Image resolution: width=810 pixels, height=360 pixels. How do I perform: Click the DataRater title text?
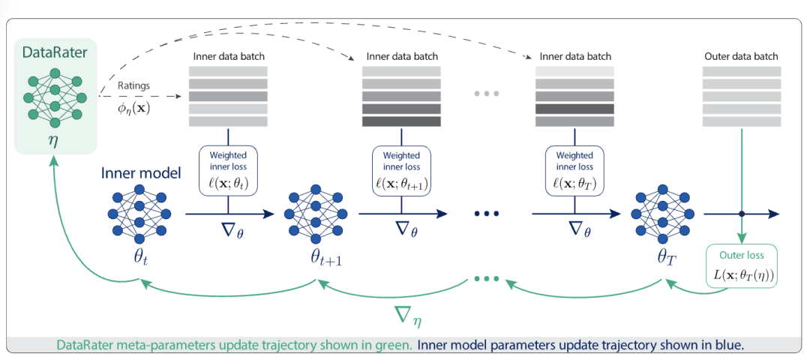[x=55, y=52]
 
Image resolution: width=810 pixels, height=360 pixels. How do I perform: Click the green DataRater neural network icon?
[x=55, y=96]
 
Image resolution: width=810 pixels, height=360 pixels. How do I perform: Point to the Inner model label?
[x=140, y=173]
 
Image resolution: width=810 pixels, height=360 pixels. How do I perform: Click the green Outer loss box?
[x=742, y=268]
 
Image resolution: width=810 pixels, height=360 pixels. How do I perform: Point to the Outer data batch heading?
[x=741, y=56]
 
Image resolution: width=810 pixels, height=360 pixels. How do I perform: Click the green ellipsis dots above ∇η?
[x=486, y=280]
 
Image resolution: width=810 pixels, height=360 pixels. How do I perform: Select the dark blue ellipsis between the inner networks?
[x=486, y=214]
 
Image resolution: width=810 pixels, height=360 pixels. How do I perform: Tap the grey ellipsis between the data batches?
[x=486, y=94]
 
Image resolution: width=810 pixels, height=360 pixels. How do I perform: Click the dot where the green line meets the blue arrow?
[x=742, y=214]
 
